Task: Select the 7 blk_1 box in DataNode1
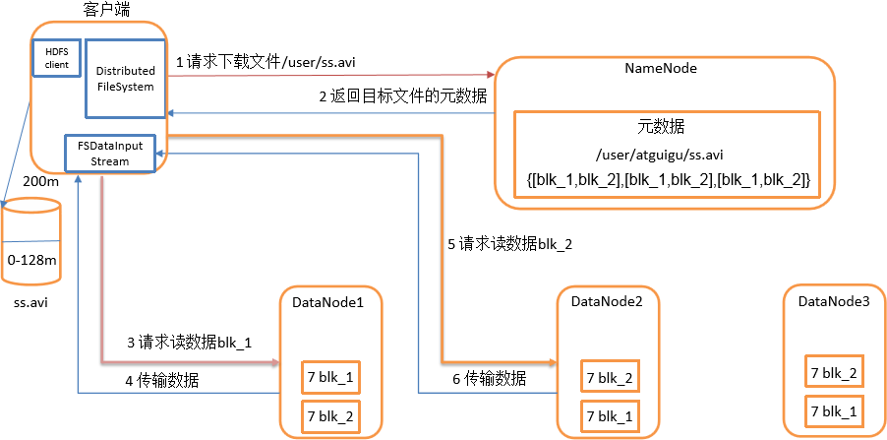pyautogui.click(x=329, y=376)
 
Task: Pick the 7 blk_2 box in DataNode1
pyautogui.click(x=329, y=415)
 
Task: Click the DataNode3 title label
pyautogui.click(x=833, y=299)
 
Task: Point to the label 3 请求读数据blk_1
pyautogui.click(x=189, y=344)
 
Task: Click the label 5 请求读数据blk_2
pyautogui.click(x=514, y=245)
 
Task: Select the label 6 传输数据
pyautogui.click(x=495, y=379)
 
